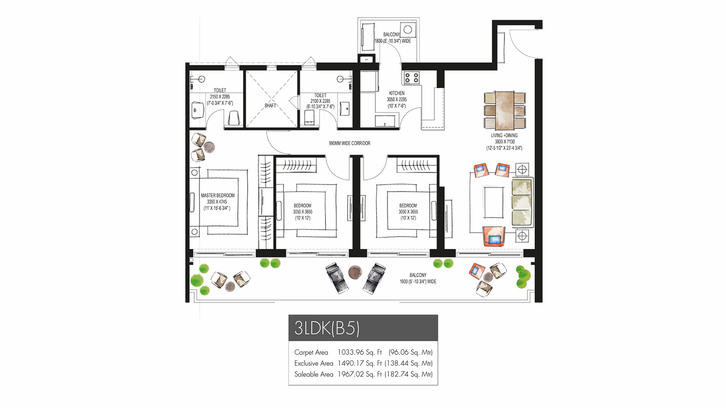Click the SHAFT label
(x=270, y=106)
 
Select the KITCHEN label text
(x=396, y=93)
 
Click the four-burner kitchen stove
(x=411, y=78)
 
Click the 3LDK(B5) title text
(x=327, y=328)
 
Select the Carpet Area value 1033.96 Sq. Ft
(x=359, y=352)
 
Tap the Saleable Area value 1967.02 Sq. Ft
(x=359, y=374)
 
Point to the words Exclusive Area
(x=313, y=363)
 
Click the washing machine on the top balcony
(x=408, y=30)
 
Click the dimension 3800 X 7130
(x=504, y=142)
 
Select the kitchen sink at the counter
(x=385, y=121)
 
